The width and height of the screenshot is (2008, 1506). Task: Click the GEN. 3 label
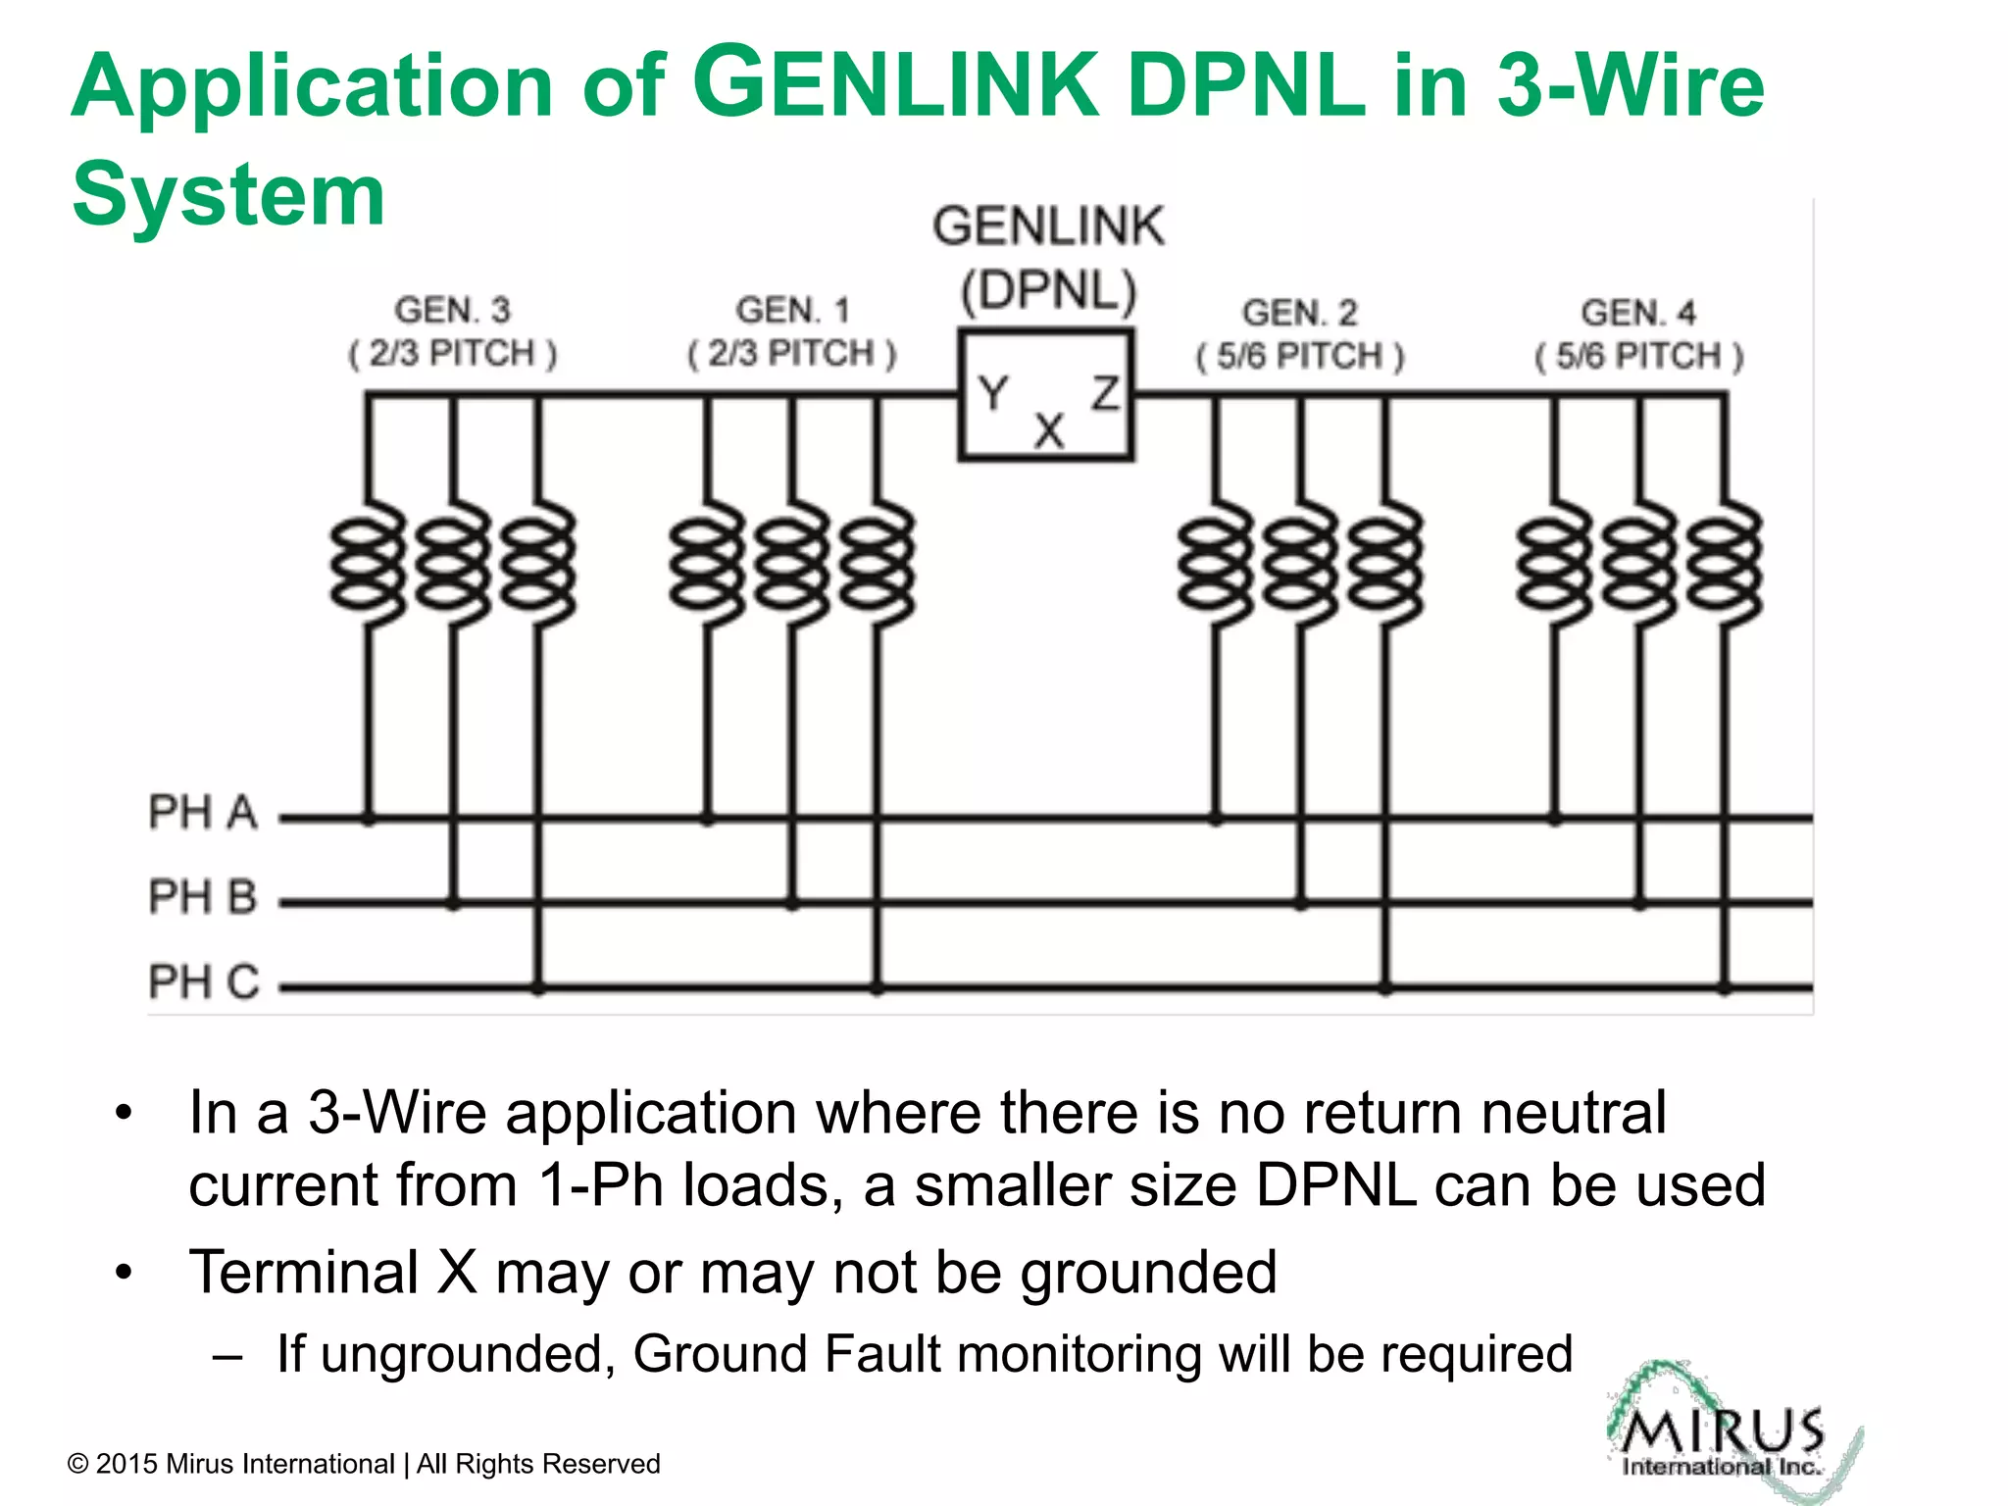pos(452,310)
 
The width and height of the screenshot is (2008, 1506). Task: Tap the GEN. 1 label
pos(792,310)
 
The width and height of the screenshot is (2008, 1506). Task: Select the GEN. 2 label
pos(1300,313)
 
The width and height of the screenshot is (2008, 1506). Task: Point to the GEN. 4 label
pos(1637,313)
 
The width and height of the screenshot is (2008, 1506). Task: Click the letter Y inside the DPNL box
pos(992,394)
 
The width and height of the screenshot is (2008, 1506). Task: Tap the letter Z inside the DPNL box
pos(1106,393)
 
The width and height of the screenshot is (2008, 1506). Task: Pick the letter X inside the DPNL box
pos(1049,430)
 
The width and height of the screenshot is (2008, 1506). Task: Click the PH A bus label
pos(202,813)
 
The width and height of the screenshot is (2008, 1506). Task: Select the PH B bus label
pos(202,897)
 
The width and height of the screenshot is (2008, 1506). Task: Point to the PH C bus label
pos(203,981)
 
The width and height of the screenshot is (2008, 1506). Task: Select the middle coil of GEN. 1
pos(792,564)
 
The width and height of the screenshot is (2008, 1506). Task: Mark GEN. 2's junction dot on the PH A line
pos(1216,817)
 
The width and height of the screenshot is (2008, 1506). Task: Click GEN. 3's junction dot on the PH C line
pos(537,988)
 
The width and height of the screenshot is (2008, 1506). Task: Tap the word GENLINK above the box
pos(1048,226)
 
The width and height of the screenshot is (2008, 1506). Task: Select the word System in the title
pos(228,194)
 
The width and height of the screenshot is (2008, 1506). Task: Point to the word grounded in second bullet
pos(1148,1273)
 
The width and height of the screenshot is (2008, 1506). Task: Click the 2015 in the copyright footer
pos(126,1464)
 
